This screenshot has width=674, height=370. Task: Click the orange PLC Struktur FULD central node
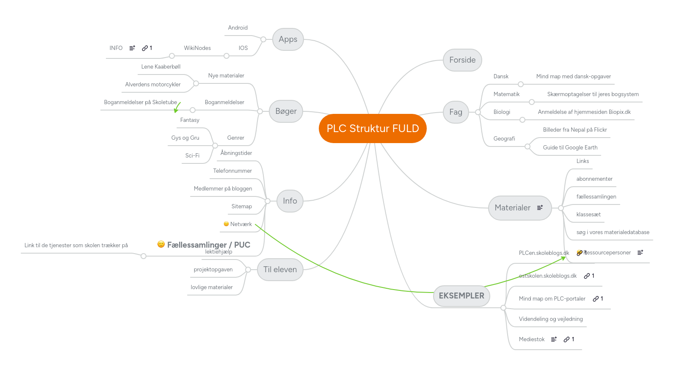click(x=372, y=128)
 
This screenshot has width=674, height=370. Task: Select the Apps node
click(x=288, y=39)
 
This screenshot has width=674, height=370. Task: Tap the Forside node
click(x=462, y=60)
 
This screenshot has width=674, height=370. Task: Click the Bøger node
click(x=286, y=111)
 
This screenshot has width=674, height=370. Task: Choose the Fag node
click(x=456, y=112)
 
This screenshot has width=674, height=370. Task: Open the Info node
click(x=290, y=201)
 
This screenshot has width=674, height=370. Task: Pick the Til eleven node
click(x=280, y=270)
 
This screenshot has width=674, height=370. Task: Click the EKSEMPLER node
click(x=461, y=296)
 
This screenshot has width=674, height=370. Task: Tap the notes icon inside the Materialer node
click(x=540, y=208)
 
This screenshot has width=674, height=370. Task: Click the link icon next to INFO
click(x=145, y=48)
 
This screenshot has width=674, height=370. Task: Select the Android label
click(x=238, y=28)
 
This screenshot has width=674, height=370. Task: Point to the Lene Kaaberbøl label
click(x=160, y=67)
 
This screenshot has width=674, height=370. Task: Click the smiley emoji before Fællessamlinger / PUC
click(x=161, y=244)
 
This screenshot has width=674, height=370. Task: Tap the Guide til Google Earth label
click(x=570, y=148)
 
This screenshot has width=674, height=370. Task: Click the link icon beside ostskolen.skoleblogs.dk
click(x=587, y=276)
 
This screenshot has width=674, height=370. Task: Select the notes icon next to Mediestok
click(x=554, y=340)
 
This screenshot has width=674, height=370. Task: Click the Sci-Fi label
click(x=192, y=156)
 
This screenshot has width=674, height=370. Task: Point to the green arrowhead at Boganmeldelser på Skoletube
click(x=176, y=110)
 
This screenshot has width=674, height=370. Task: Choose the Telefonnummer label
click(x=232, y=171)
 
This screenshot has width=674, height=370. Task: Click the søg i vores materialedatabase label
click(x=612, y=232)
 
